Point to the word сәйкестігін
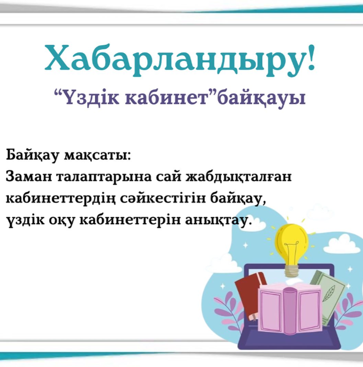[x=160, y=199]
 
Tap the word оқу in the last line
[x=60, y=221]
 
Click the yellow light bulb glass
[x=291, y=239]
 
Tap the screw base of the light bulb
[x=291, y=268]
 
